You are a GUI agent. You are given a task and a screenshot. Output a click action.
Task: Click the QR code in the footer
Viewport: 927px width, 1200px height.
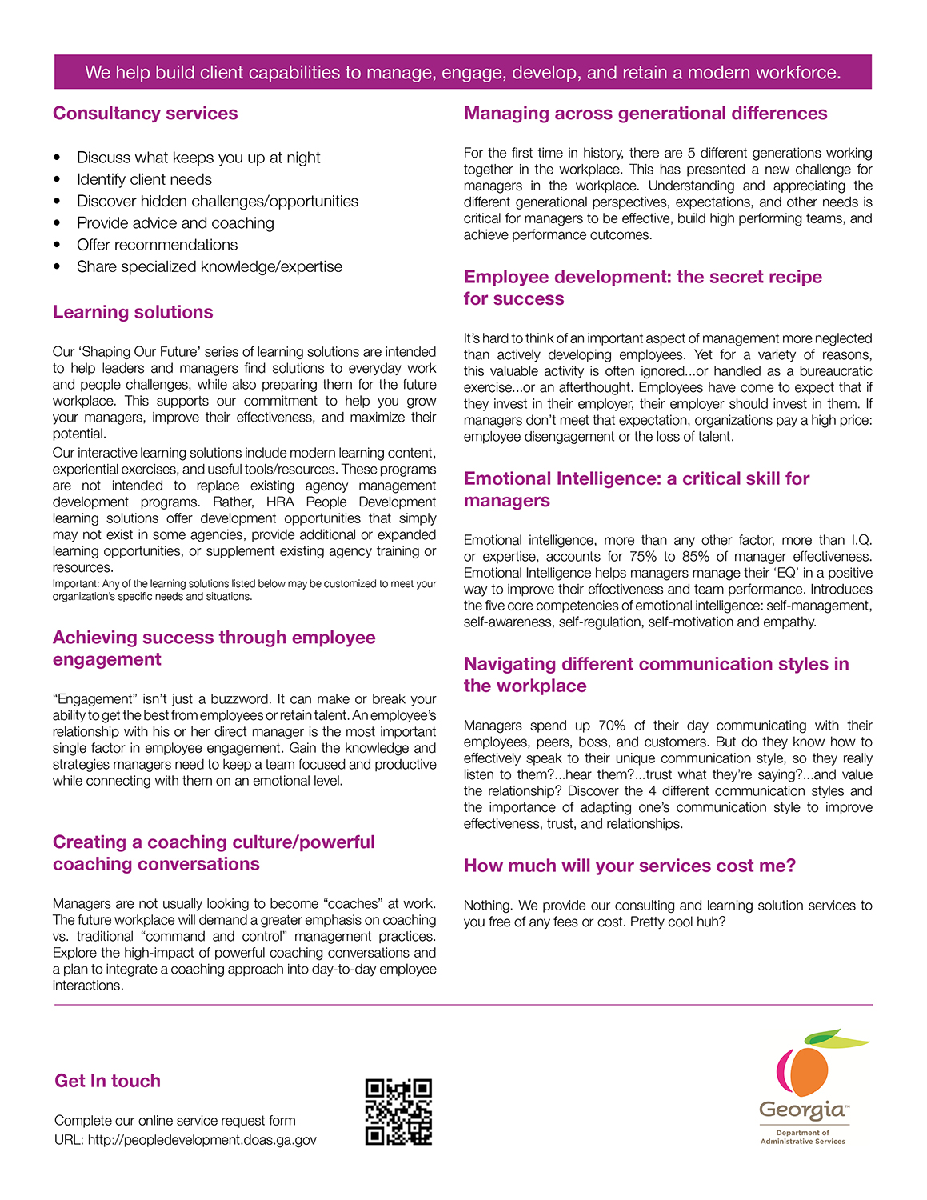[398, 1111]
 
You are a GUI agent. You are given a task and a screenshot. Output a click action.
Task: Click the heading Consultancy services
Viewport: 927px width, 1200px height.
[145, 114]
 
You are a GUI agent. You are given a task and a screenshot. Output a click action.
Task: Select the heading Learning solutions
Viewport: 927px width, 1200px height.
[133, 312]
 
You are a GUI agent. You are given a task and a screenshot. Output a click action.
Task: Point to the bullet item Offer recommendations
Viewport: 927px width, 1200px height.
[157, 245]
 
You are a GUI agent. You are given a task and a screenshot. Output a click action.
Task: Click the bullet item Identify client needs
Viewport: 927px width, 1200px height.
[144, 179]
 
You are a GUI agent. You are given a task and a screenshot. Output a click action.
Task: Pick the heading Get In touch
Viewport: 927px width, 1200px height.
[107, 1081]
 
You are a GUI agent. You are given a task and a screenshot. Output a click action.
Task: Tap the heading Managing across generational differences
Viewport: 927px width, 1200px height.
[645, 114]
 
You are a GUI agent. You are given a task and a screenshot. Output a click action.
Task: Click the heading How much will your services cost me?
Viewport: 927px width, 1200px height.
[629, 866]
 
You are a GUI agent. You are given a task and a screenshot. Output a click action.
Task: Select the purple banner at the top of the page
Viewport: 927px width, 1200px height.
[462, 72]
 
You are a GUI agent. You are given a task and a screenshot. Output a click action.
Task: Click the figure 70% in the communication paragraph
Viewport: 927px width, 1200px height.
[612, 726]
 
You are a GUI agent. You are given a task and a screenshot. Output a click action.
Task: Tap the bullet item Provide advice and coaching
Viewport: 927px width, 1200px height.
[175, 223]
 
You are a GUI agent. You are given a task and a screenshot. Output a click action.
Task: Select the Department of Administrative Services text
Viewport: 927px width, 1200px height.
[802, 1137]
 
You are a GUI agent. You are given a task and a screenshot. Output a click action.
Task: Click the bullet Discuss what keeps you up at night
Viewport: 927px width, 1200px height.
[198, 158]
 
